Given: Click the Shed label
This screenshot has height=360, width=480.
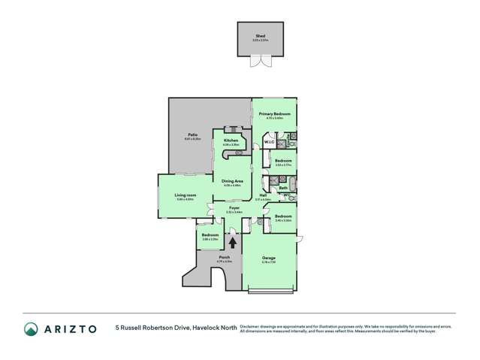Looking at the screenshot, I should point(261,35).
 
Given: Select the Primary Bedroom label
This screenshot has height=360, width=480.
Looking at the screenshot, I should point(274,114).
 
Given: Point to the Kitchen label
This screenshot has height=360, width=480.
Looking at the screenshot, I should point(230,141).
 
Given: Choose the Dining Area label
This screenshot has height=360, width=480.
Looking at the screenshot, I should point(231,181).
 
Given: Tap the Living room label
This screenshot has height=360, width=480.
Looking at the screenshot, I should point(184,196).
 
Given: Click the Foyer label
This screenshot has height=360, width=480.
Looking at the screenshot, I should point(234,208).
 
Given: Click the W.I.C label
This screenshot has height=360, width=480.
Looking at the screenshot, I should point(268,142).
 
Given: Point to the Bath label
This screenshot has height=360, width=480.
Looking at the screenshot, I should point(283,187).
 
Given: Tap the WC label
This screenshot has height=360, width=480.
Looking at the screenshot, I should point(286,197).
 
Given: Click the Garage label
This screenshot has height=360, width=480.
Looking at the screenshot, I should point(268,258).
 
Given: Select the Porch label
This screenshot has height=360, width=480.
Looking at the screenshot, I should point(224,257).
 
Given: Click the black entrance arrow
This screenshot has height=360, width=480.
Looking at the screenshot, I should point(232,242).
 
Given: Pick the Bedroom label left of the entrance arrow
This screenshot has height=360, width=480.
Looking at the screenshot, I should point(210,235).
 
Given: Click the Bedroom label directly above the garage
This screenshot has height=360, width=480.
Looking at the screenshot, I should point(282,216).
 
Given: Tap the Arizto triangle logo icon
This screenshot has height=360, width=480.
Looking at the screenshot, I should point(31,328).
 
